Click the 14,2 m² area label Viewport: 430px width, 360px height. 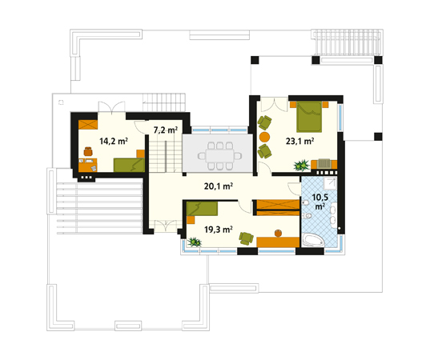coord(114,141)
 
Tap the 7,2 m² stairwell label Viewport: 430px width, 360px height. coord(166,130)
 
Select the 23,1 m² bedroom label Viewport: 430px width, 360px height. coord(299,141)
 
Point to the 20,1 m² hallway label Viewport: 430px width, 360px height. coord(219,186)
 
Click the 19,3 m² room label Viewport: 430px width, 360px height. coord(219,230)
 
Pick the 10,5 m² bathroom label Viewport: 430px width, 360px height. coord(320,202)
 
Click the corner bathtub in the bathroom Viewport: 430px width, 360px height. coord(313,240)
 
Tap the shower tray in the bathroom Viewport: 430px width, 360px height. coord(330,183)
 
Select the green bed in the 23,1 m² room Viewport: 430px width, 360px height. coord(309,117)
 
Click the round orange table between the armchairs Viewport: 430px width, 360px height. coord(264,137)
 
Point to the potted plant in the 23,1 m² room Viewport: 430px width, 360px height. coord(301,166)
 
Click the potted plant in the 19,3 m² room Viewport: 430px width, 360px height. coord(195,242)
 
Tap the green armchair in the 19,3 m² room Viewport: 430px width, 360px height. coord(246,238)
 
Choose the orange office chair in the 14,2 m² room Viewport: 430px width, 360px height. coord(88,151)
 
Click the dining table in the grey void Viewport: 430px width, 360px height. coord(219,156)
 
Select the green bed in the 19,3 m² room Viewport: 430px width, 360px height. coord(202,209)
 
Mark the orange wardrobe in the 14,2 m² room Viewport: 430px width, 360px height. coord(88,125)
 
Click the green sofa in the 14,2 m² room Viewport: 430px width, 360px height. coord(129,165)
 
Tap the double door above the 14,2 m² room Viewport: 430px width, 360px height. coord(112,107)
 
